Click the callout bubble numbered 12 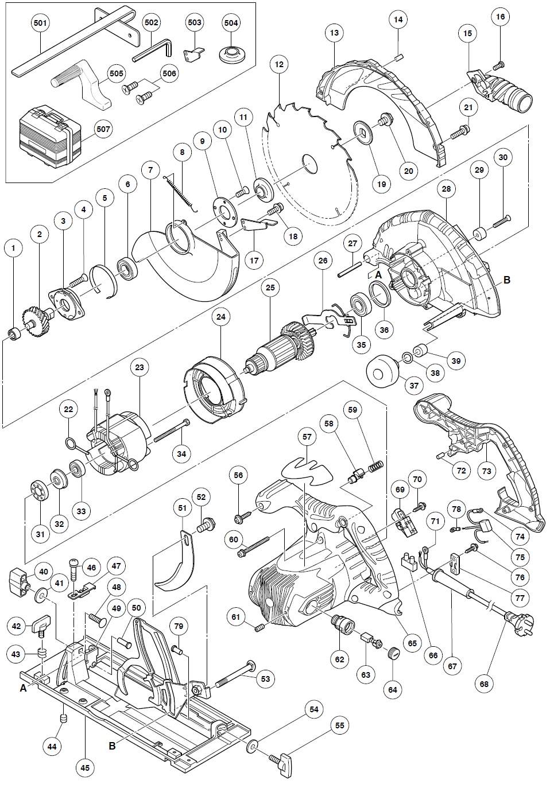point(279,65)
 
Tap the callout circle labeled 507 point(103,129)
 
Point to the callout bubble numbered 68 point(486,684)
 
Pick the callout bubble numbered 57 point(308,437)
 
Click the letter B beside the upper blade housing point(507,280)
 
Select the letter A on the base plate point(23,688)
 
